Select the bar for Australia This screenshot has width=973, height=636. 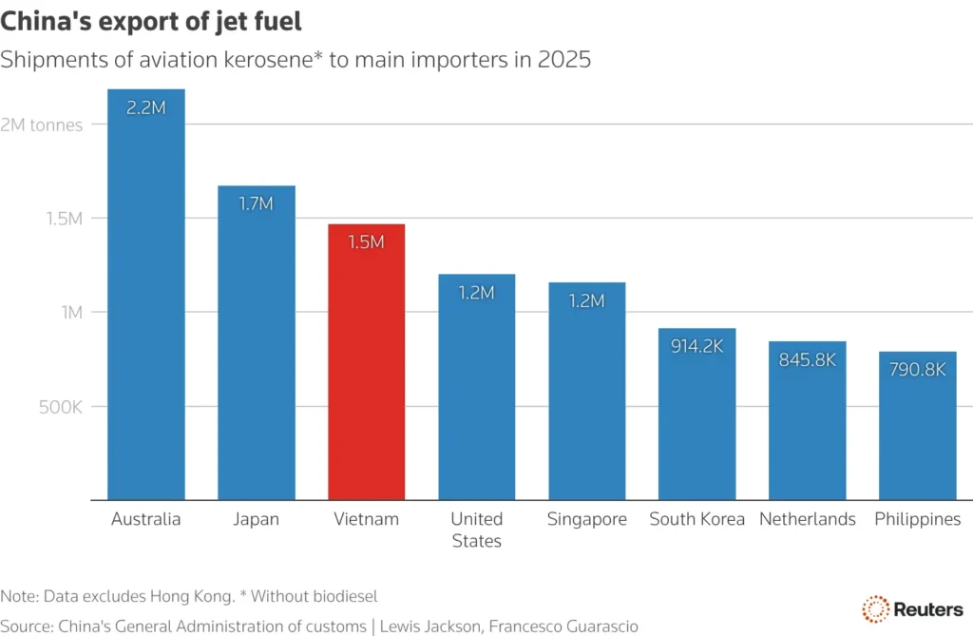point(145,304)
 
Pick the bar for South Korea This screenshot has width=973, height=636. point(696,418)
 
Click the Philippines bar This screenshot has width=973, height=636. point(917,428)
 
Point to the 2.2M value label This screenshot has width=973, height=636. point(145,108)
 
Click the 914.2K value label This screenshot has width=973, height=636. point(696,347)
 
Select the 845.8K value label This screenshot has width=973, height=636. point(807,360)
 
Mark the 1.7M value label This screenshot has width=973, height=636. point(256,204)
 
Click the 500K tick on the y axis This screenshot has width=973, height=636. point(60,407)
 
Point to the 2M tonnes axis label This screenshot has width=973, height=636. point(42,125)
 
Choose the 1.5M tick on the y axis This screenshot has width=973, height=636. point(63,219)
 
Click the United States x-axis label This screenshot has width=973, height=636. point(476,530)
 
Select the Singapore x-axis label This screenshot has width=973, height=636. point(586,519)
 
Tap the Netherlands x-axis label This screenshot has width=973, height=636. point(807,519)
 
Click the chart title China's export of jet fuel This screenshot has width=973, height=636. point(158,20)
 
